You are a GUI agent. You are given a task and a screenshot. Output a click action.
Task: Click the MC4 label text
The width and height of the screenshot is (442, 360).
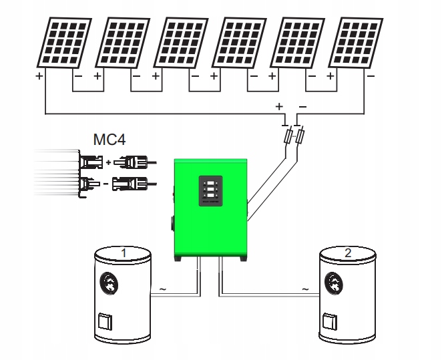point(109,140)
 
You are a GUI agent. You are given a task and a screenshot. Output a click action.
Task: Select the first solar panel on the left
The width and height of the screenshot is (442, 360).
point(64,43)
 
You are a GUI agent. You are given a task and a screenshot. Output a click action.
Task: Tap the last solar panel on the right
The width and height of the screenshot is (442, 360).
point(356,43)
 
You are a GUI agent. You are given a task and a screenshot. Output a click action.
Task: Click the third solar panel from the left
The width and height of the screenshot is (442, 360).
point(181,43)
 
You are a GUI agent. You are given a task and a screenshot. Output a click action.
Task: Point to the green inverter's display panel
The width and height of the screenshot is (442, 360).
point(210,191)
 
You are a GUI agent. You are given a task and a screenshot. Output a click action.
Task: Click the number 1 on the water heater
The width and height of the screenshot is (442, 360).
point(124,253)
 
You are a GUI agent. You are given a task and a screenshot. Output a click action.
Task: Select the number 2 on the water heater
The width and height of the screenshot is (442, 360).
point(348,253)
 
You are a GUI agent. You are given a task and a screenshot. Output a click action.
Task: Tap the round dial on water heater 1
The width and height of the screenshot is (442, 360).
point(109,284)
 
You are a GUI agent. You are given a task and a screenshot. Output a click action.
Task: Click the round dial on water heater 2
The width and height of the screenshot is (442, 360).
point(334,284)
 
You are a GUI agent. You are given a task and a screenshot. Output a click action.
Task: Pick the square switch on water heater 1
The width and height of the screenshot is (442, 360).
point(105,321)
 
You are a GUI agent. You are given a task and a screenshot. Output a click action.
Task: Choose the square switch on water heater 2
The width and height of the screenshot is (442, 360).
point(330,321)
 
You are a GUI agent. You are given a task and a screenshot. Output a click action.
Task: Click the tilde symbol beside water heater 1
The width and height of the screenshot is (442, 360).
point(163,289)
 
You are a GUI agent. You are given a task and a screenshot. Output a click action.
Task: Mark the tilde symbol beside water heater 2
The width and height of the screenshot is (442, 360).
point(305,289)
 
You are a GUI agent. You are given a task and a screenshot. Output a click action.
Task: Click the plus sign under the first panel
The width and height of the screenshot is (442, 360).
point(39,76)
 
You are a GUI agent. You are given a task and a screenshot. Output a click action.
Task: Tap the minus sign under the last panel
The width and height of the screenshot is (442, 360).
point(371,76)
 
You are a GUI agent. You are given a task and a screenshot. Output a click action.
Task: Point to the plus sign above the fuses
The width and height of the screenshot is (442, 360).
point(279,107)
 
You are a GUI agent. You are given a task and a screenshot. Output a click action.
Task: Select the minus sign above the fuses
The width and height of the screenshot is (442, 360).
point(302,107)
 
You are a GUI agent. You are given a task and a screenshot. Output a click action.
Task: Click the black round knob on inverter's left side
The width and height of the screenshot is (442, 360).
point(172,224)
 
